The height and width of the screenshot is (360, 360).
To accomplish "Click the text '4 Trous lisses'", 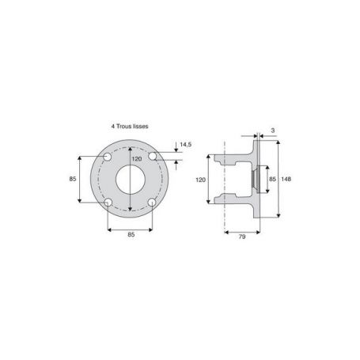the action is tap(130, 127).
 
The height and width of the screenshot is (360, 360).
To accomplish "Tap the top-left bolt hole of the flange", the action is tap(108, 157).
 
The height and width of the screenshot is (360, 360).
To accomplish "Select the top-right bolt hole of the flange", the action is tap(152, 156).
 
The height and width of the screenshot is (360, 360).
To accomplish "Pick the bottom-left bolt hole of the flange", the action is tap(108, 203).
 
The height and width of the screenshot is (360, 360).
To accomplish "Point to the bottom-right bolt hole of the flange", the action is tap(152, 203).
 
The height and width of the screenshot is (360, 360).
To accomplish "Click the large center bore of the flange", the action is tap(131, 180).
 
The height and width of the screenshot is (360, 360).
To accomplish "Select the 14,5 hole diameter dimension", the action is tap(186, 145).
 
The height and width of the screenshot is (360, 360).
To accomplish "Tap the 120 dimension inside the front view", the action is tap(137, 159).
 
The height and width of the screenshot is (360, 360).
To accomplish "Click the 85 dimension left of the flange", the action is tap(73, 179).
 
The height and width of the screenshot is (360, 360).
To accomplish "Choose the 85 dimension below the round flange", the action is tap(131, 234).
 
